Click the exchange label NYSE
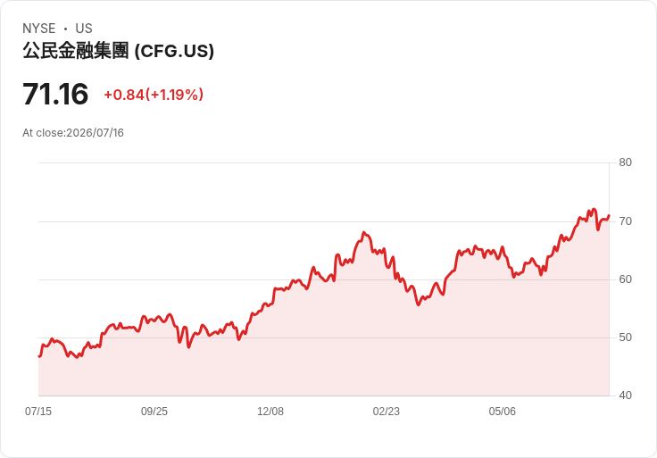point(39,29)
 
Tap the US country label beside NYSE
point(84,29)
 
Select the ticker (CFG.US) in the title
point(174,51)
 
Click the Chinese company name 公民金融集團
point(75,51)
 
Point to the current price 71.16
point(55,94)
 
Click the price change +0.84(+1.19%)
point(154,95)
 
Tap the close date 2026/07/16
point(96,133)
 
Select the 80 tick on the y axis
point(625,162)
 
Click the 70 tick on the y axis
point(625,221)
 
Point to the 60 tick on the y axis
point(625,279)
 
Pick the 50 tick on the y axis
point(625,337)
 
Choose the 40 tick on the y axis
point(625,396)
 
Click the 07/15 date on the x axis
point(38,412)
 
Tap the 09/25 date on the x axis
point(154,412)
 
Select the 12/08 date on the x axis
point(270,412)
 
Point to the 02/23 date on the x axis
point(387,412)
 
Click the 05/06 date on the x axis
point(503,412)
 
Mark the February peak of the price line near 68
point(363,232)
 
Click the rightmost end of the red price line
point(609,215)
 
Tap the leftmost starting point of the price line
point(39,356)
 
